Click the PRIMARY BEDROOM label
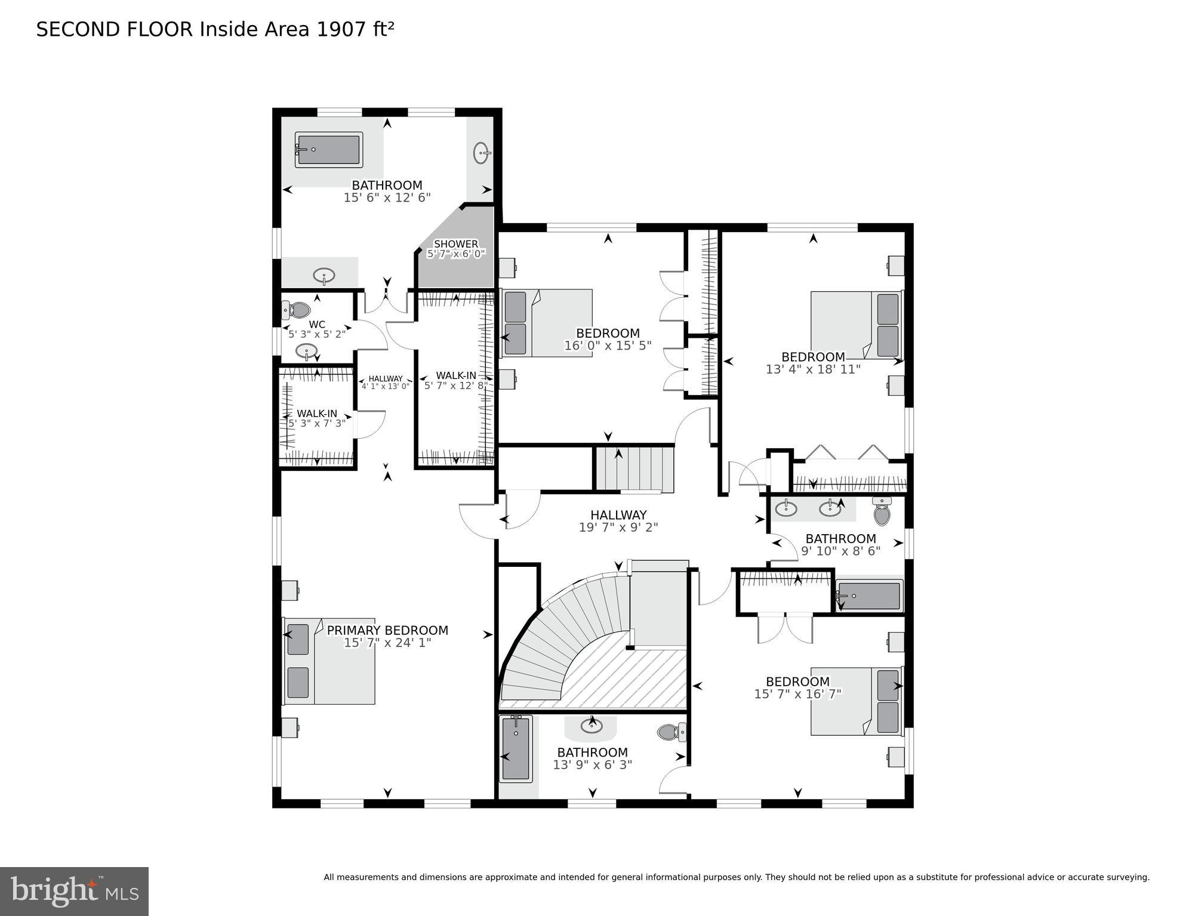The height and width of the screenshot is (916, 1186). (x=387, y=630)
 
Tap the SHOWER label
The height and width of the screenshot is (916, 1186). (x=456, y=244)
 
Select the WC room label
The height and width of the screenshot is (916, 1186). (x=317, y=325)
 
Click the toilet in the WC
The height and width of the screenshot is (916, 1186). (x=297, y=310)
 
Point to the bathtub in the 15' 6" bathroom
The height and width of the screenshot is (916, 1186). (x=329, y=150)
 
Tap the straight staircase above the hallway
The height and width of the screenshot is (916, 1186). (x=634, y=469)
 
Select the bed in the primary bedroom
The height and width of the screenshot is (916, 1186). (x=329, y=661)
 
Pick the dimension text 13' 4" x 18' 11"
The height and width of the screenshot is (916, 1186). (x=813, y=369)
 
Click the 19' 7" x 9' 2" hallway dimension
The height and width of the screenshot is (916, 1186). (x=618, y=528)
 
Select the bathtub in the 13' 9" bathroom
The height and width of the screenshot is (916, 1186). (x=516, y=749)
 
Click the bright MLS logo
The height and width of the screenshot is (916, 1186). (x=74, y=891)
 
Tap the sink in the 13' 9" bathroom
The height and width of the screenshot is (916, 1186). (x=592, y=726)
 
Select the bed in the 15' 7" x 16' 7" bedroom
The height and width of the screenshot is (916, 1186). (x=857, y=701)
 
